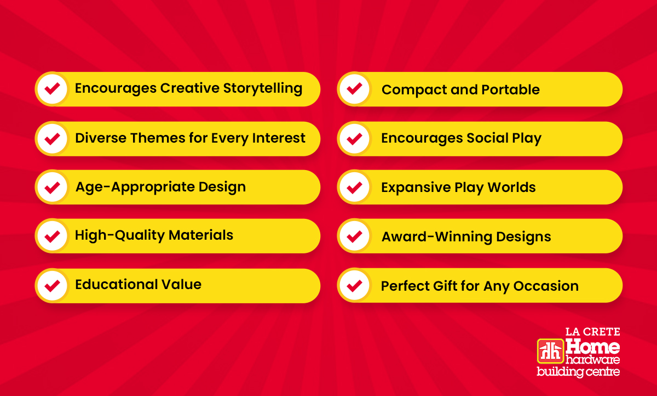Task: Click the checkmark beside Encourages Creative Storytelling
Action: pos(52,89)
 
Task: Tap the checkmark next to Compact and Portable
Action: pos(354,89)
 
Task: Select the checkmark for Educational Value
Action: pos(52,286)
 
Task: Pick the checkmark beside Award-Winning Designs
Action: pos(354,236)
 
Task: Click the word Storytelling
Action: pos(263,88)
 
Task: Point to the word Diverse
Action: pos(101,138)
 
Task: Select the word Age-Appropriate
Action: pos(135,188)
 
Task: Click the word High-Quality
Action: pos(119,236)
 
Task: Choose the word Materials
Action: pos(201,235)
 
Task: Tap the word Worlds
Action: pos(511,187)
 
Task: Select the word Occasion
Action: pos(546,286)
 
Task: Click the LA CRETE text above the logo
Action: pos(592,332)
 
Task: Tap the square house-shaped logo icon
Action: pos(551,351)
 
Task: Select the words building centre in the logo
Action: pos(578,372)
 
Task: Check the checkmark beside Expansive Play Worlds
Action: pos(354,188)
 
